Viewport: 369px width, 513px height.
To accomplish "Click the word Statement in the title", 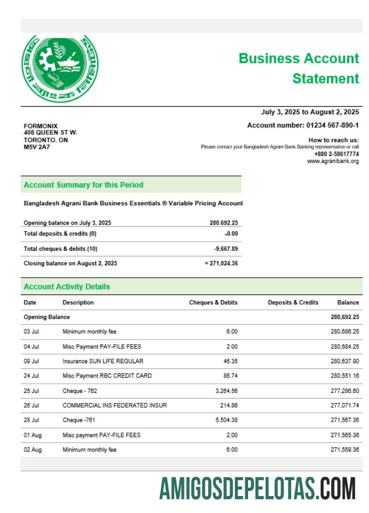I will pyautogui.click(x=325, y=78).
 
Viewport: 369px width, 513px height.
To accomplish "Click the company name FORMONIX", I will pyautogui.click(x=41, y=126).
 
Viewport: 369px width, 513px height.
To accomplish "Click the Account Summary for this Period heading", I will pyautogui.click(x=84, y=185).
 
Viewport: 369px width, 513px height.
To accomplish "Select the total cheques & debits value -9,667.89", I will pyautogui.click(x=226, y=249).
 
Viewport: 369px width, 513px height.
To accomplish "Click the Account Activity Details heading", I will pyautogui.click(x=67, y=287).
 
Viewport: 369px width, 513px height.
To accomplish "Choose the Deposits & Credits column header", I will pyautogui.click(x=293, y=303).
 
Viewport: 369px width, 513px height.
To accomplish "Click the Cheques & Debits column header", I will pyautogui.click(x=213, y=303).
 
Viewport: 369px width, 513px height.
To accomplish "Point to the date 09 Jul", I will pyautogui.click(x=31, y=361).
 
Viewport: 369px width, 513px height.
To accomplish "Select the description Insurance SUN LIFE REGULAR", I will pyautogui.click(x=103, y=361).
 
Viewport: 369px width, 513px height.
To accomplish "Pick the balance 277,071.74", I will pyautogui.click(x=344, y=406).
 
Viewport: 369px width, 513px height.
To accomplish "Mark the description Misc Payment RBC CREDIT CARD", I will pyautogui.click(x=107, y=376).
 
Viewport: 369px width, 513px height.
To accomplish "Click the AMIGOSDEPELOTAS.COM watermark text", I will pyautogui.click(x=257, y=488).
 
